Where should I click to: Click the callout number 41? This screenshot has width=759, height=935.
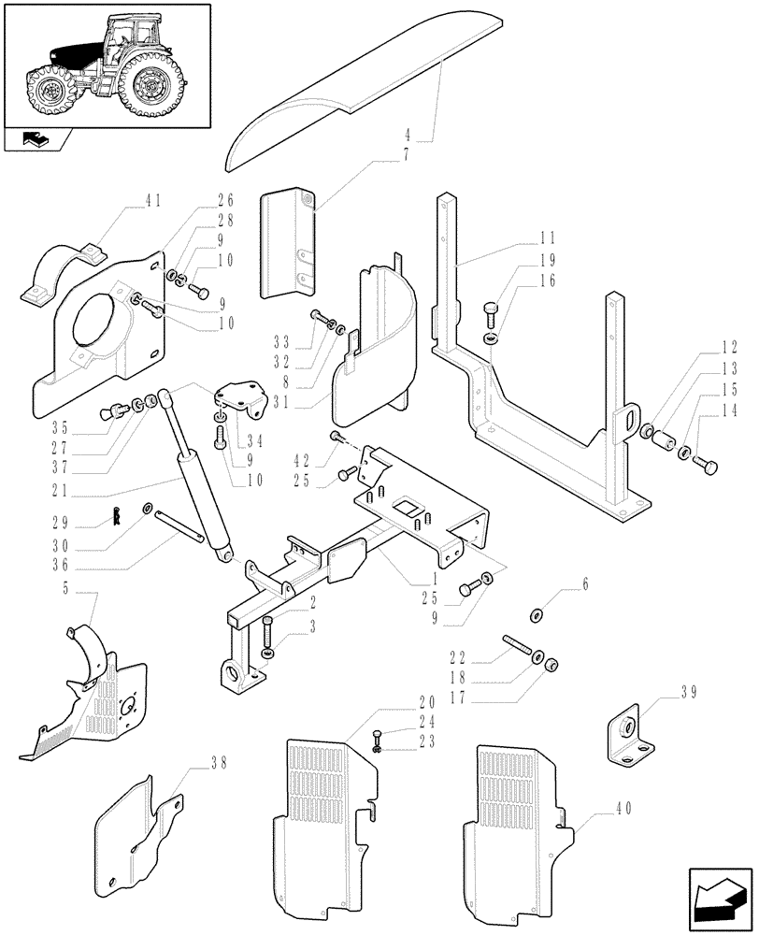(153, 199)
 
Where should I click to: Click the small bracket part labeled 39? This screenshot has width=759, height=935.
(624, 735)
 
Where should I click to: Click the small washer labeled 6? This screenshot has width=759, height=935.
(536, 614)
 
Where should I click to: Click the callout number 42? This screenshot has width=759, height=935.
(301, 459)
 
